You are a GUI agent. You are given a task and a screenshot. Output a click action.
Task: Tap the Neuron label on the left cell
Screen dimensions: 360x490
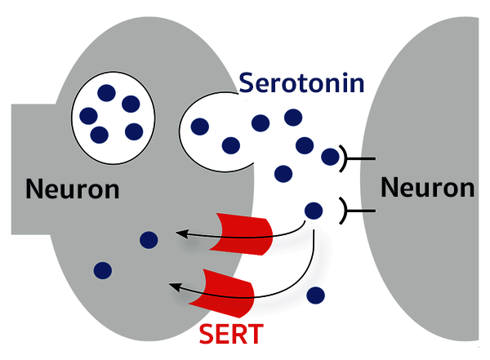tap(73, 189)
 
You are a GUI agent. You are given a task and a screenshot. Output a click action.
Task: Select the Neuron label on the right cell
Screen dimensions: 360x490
tap(427, 188)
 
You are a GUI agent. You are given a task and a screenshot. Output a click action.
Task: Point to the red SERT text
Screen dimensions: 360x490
tap(232, 333)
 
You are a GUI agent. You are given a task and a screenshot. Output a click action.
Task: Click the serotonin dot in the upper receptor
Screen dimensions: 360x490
tap(331, 157)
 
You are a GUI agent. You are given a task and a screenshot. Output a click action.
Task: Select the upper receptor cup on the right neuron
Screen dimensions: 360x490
tap(346, 158)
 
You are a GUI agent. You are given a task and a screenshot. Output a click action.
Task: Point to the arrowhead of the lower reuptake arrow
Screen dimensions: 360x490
tap(173, 285)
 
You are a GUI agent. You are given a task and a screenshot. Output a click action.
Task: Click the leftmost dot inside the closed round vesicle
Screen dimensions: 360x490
tap(87, 115)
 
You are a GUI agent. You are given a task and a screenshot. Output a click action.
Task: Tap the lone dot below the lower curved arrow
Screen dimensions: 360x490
tap(315, 294)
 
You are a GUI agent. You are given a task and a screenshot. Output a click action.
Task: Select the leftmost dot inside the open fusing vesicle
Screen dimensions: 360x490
tap(198, 127)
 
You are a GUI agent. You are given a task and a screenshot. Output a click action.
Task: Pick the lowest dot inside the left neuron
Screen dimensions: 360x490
tap(103, 269)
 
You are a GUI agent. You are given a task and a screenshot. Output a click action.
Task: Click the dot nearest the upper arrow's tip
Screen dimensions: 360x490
tap(149, 239)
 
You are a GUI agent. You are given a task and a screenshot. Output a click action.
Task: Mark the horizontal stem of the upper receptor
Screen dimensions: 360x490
tap(364, 158)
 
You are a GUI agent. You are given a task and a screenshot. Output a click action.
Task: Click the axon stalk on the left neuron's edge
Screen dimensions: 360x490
tap(29, 167)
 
